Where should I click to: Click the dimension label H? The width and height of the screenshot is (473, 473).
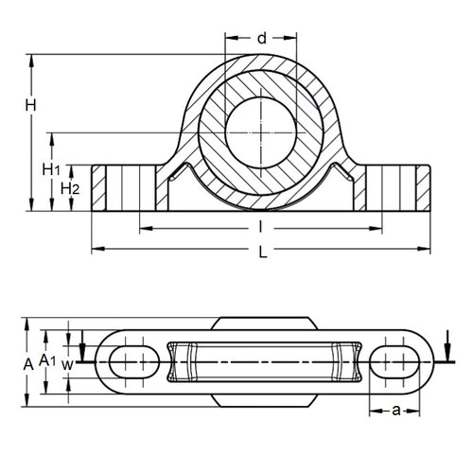click(30, 106)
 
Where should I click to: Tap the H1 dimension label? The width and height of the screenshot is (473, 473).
click(52, 168)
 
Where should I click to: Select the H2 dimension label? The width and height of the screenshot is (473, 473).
click(69, 188)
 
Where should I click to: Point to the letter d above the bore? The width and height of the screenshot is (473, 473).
click(262, 39)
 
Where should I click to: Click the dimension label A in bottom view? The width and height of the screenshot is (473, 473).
click(29, 362)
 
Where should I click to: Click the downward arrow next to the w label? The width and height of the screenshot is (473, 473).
click(83, 344)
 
